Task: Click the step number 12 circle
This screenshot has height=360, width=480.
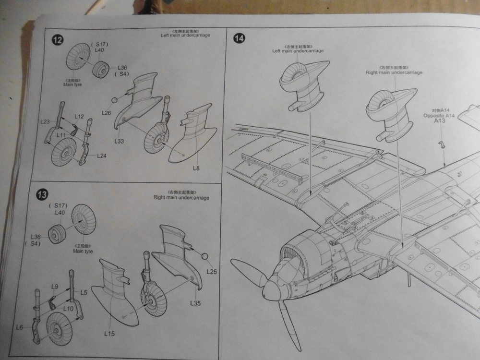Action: coord(57,40)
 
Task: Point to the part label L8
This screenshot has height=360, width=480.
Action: coord(196,168)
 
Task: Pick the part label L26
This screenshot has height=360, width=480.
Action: coord(107,112)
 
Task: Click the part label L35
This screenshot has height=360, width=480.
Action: coord(195,303)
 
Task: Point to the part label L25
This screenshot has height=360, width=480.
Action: coord(212,271)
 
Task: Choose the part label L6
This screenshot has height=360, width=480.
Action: coord(20,327)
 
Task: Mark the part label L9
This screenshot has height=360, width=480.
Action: coord(55,287)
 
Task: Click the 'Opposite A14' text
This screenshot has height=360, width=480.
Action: coord(439,116)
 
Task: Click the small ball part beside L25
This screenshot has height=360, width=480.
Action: coord(205,257)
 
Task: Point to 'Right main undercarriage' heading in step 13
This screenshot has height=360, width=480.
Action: coord(181,197)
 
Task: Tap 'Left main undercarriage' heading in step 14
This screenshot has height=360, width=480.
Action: coord(298,51)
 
